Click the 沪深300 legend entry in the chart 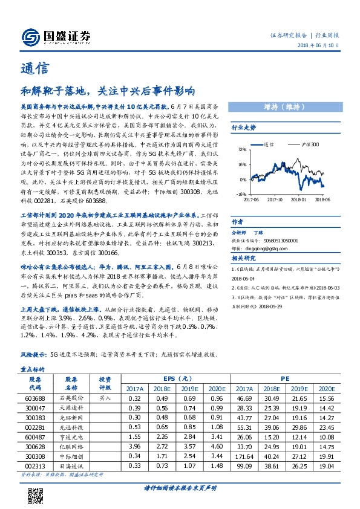click(x=310, y=145)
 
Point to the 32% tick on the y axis click(x=241, y=148)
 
